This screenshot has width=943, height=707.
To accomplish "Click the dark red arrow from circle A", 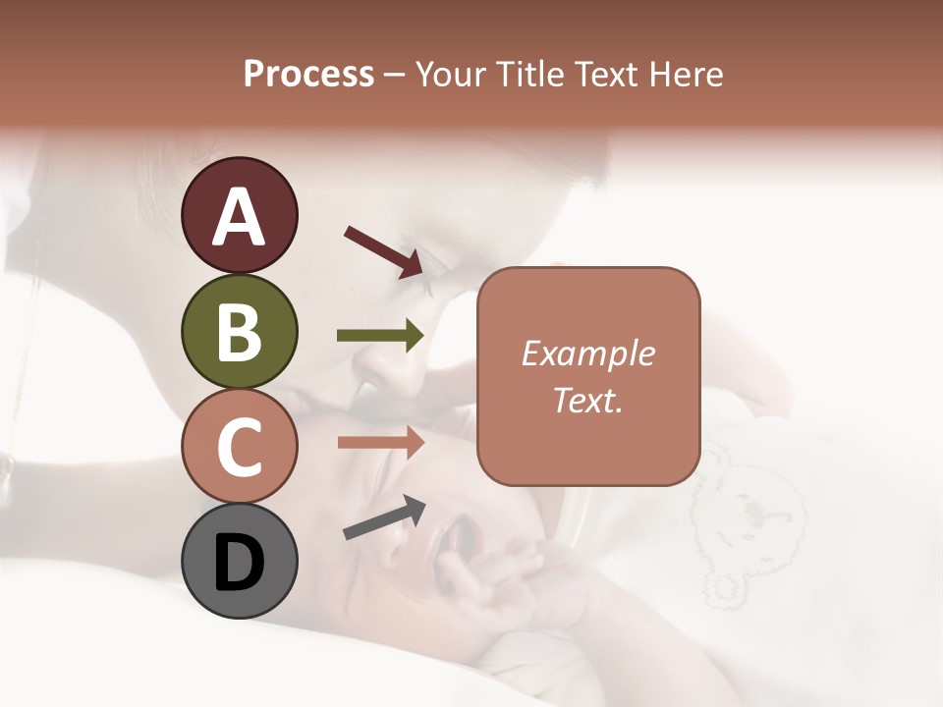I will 383,250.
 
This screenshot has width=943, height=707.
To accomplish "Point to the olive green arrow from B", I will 381,336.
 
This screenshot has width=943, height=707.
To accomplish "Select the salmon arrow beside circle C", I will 381,443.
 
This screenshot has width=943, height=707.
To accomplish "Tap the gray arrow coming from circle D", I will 384,517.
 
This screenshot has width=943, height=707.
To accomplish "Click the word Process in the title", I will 308,74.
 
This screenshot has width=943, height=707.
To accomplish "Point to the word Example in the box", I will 588,353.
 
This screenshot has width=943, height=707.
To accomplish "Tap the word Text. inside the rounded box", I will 588,400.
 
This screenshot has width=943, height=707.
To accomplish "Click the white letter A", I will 240,217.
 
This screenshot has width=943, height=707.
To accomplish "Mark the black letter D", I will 240,563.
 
